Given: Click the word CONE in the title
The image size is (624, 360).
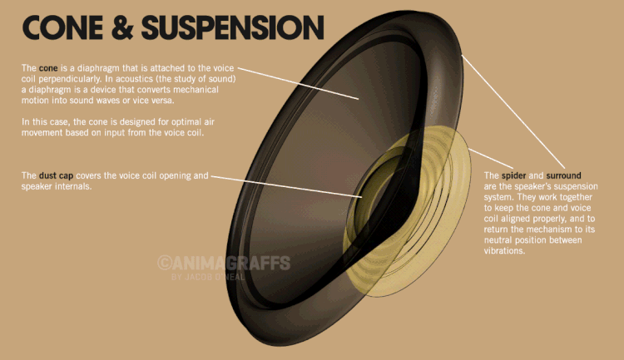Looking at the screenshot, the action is (x=62, y=27).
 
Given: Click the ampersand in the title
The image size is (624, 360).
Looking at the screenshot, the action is (x=122, y=27).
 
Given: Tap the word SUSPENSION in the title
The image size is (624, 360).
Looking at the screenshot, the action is (x=233, y=27).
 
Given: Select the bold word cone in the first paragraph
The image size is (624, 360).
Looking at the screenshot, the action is (x=48, y=68).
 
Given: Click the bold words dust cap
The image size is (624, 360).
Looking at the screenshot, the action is (x=56, y=175).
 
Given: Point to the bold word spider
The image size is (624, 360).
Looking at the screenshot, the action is (x=513, y=175).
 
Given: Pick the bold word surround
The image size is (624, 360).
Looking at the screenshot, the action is (x=563, y=175).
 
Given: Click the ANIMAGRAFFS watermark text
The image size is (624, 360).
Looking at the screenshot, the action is (x=230, y=263).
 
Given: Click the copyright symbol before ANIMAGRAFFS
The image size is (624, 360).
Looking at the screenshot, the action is (x=164, y=263).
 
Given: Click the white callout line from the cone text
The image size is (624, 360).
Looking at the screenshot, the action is (x=299, y=83).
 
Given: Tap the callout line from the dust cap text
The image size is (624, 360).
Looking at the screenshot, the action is (x=286, y=186).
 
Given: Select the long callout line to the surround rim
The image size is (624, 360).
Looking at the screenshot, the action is (x=513, y=112).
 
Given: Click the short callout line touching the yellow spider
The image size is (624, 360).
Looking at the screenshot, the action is (x=492, y=158).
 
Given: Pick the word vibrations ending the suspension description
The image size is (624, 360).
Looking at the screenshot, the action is (x=505, y=251).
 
